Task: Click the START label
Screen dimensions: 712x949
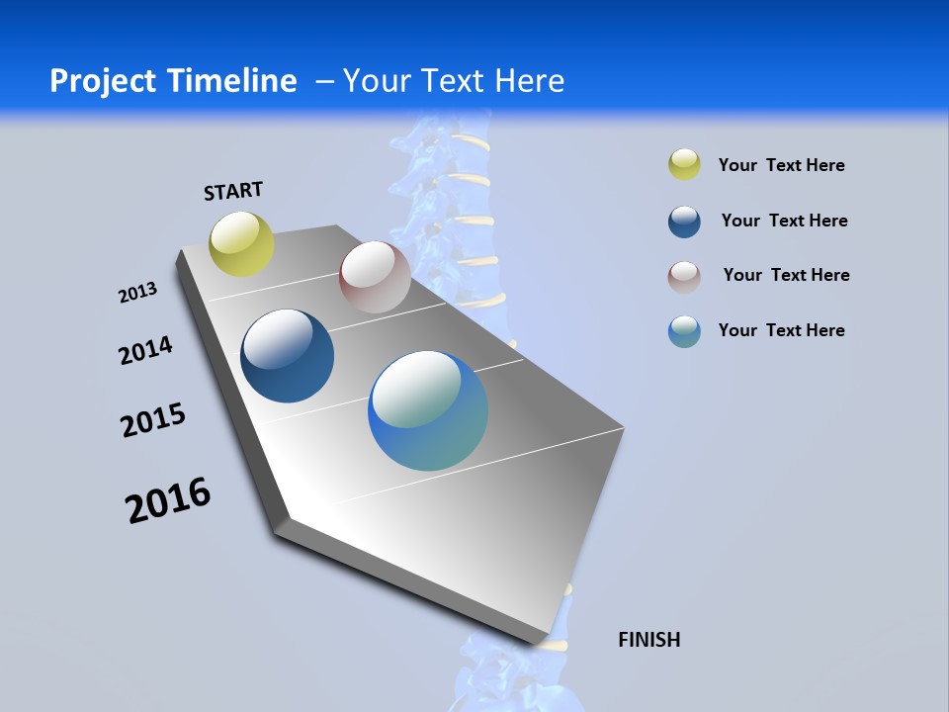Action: tap(233, 191)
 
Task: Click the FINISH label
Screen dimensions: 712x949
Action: tap(648, 640)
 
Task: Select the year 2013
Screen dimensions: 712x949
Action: tap(137, 293)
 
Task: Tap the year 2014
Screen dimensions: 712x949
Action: tap(145, 350)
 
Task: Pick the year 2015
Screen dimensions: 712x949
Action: tap(153, 420)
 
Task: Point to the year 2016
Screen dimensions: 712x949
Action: tap(168, 500)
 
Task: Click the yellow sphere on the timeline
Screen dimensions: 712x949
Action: tap(241, 243)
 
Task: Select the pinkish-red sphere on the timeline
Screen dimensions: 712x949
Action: tap(375, 277)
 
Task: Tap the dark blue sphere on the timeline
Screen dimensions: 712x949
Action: tap(287, 356)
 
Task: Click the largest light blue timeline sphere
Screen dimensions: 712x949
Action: tap(428, 410)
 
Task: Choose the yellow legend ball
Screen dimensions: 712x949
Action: tap(684, 165)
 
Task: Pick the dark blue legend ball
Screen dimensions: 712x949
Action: tap(684, 222)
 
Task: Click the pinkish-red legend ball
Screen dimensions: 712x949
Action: tap(684, 277)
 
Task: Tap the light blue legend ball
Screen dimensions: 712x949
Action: tap(684, 331)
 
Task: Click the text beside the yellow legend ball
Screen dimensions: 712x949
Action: tap(781, 165)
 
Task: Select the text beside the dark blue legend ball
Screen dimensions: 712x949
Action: tap(784, 221)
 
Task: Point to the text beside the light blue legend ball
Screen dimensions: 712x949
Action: tap(781, 330)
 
